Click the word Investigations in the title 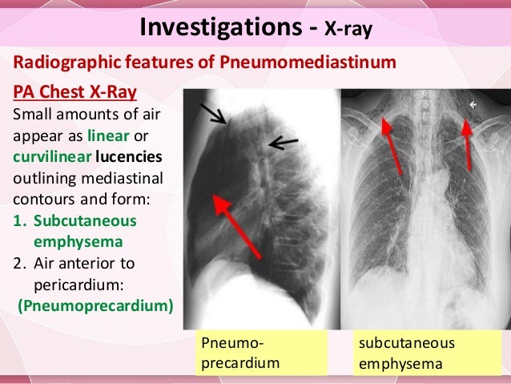tap(223, 27)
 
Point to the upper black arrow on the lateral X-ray tap(215, 115)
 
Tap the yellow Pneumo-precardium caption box tap(260, 354)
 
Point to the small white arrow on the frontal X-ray tap(474, 103)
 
